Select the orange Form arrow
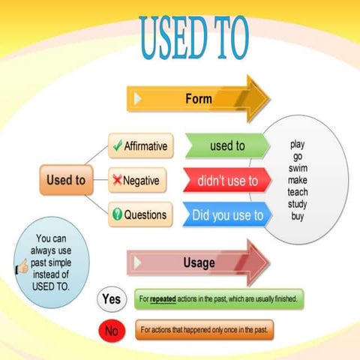click(198, 98)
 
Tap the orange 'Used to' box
click(65, 181)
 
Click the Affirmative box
click(141, 145)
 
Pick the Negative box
click(141, 181)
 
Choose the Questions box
click(141, 215)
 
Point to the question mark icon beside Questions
click(116, 215)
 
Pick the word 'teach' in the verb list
click(298, 192)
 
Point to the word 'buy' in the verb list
click(298, 217)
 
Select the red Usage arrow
click(198, 262)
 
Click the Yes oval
click(111, 299)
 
